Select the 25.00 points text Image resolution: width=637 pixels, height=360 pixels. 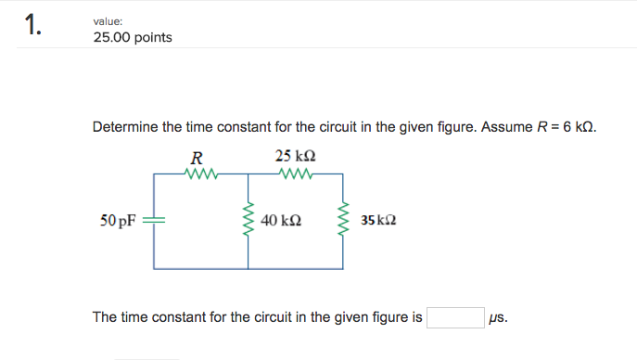[x=132, y=38]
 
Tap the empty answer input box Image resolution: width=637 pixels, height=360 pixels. [x=454, y=318]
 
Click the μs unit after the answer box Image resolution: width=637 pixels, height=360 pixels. [x=498, y=318]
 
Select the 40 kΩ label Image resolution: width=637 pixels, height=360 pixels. [x=281, y=222]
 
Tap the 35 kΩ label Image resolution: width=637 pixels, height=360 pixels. [x=379, y=222]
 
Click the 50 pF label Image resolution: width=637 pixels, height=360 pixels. [x=119, y=222]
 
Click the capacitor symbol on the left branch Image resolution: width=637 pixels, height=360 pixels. [x=154, y=222]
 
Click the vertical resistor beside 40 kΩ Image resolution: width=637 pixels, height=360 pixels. [x=248, y=222]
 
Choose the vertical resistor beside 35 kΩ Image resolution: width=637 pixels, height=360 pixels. [x=345, y=222]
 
